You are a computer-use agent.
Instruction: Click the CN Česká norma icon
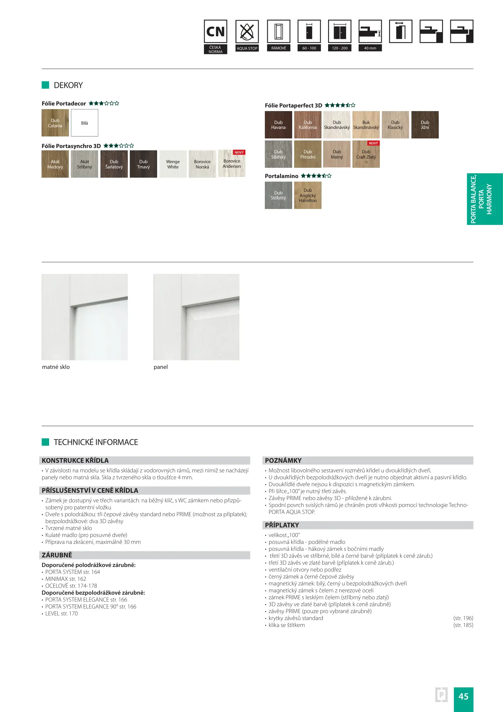pos(215,32)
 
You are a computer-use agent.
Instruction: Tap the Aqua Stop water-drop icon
pos(247,32)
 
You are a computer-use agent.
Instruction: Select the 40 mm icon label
pos(370,48)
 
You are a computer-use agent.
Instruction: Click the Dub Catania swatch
pos(55,123)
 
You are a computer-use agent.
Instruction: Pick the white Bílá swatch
pos(85,123)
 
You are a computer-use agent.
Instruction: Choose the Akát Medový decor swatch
pos(55,164)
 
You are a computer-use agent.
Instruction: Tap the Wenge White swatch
pos(173,164)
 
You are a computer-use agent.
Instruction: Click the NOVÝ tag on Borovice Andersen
pos(239,153)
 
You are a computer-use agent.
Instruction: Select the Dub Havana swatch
pos(278,125)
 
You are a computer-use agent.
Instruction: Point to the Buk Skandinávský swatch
pos(366,125)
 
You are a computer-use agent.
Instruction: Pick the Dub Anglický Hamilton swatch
pos(308,195)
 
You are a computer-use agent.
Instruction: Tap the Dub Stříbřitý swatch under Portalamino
pos(278,195)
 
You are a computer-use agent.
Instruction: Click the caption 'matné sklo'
pos(56,367)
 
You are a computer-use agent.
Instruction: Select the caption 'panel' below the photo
pos(161,367)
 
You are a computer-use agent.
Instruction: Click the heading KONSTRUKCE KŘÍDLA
pos(75,460)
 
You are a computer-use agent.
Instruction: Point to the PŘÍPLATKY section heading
pos(282,525)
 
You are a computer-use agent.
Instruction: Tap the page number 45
pos(463,696)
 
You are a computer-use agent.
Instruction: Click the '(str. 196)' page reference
pos(463,618)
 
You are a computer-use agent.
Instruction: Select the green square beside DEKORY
pos(45,85)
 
